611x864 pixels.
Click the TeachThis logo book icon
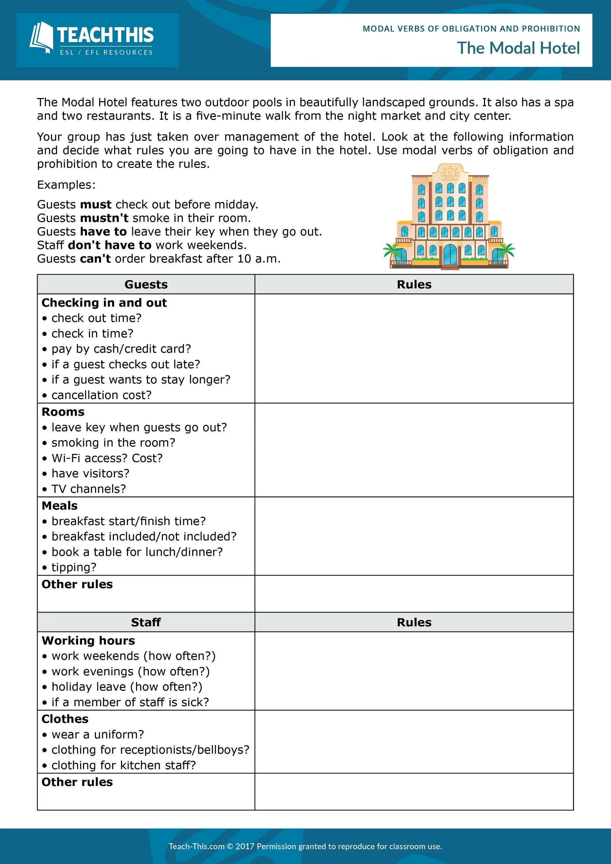[x=41, y=38]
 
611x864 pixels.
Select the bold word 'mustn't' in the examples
[x=104, y=218]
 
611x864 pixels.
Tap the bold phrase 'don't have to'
[x=109, y=245]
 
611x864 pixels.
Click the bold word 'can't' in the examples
[x=95, y=259]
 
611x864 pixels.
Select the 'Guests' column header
[x=146, y=285]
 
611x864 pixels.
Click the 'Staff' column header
[x=146, y=622]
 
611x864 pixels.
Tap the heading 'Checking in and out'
[x=104, y=303]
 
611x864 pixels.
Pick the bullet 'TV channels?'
[x=88, y=489]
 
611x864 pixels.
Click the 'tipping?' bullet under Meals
[x=74, y=567]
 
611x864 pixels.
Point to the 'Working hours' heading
[x=88, y=641]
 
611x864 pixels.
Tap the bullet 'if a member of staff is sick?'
[x=130, y=702]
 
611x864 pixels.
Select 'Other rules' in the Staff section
[x=77, y=782]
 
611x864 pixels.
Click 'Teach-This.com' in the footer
[x=196, y=847]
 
